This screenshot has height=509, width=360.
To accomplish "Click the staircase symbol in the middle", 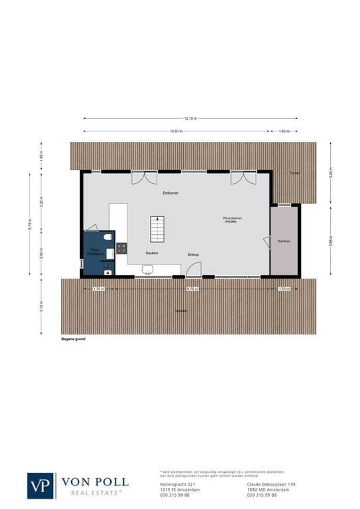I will pos(157,229).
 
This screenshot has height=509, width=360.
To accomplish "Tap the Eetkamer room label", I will pos(171,193).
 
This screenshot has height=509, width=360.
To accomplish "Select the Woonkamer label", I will pos(233,218).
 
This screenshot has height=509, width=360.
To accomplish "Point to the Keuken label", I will pos(152,253).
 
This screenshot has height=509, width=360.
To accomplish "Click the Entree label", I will pos(194,254).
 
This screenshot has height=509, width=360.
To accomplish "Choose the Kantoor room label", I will pos(284,241).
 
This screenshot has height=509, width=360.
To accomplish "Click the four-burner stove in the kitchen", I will pos(122,248).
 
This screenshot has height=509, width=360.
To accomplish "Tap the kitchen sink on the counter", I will pos(147,269).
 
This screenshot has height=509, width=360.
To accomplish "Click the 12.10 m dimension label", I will pos(190,118).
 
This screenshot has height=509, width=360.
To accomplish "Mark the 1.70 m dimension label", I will pos(98,288).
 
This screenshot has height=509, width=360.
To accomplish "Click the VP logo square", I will pos(41,485).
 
